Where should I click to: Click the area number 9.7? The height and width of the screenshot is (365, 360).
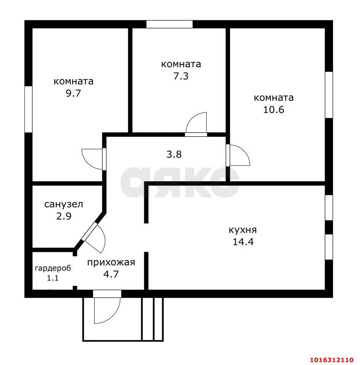click(x=73, y=93)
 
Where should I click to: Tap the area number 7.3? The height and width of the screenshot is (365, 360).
click(x=181, y=76)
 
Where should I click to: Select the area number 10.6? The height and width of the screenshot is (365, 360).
click(x=273, y=110)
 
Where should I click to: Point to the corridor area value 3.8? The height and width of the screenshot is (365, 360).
click(x=174, y=154)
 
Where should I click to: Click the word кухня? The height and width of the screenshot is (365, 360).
click(x=243, y=230)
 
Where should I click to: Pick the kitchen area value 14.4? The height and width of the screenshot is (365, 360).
click(x=243, y=242)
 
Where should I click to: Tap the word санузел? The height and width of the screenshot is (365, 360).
click(x=63, y=204)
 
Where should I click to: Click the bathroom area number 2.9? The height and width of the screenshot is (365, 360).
click(x=64, y=216)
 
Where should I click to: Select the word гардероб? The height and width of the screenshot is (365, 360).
click(x=53, y=268)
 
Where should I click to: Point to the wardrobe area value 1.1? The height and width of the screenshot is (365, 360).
click(x=53, y=278)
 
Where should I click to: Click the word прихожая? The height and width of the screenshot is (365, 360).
click(x=111, y=262)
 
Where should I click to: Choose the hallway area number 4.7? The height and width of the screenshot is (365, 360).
click(x=111, y=274)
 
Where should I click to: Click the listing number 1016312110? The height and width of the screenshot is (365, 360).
click(x=332, y=360)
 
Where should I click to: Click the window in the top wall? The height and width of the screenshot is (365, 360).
click(x=170, y=24)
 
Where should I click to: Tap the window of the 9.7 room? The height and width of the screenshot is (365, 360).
click(x=28, y=109)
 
